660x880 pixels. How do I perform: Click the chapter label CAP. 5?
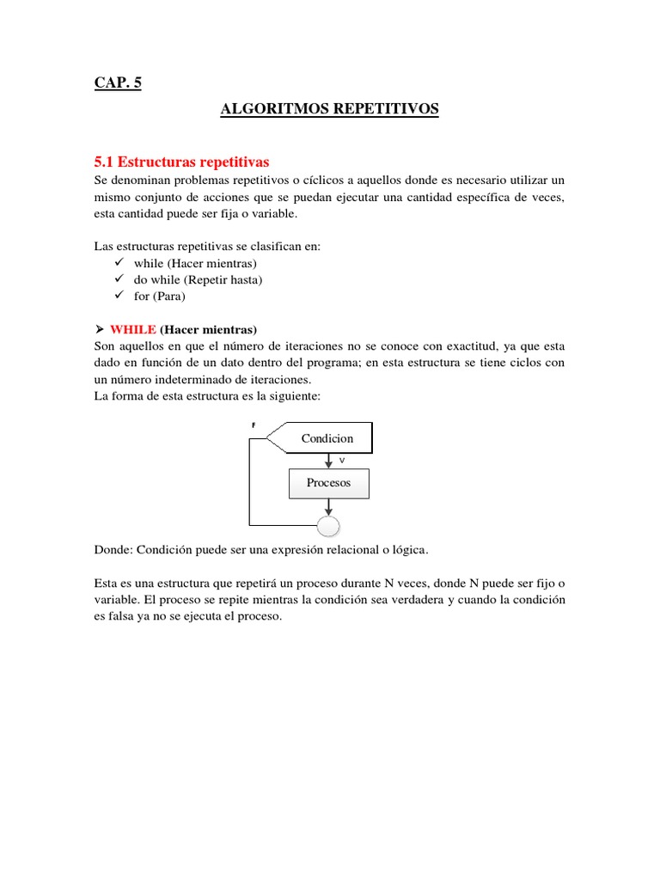pos(118,83)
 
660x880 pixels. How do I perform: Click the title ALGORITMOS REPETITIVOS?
pos(329,109)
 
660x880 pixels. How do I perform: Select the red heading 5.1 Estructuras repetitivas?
pos(181,162)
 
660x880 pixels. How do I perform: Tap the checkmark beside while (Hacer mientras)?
pos(120,262)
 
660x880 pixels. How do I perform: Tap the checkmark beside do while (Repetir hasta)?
pos(120,279)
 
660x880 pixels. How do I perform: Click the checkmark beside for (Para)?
pos(120,296)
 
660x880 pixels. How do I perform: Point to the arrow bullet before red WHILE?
pos(99,329)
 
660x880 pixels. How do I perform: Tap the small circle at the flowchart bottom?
pos(329,525)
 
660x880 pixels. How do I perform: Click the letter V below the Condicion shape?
pos(341,461)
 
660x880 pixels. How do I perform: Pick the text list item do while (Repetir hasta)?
pos(198,279)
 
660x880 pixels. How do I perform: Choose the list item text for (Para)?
pos(159,296)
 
